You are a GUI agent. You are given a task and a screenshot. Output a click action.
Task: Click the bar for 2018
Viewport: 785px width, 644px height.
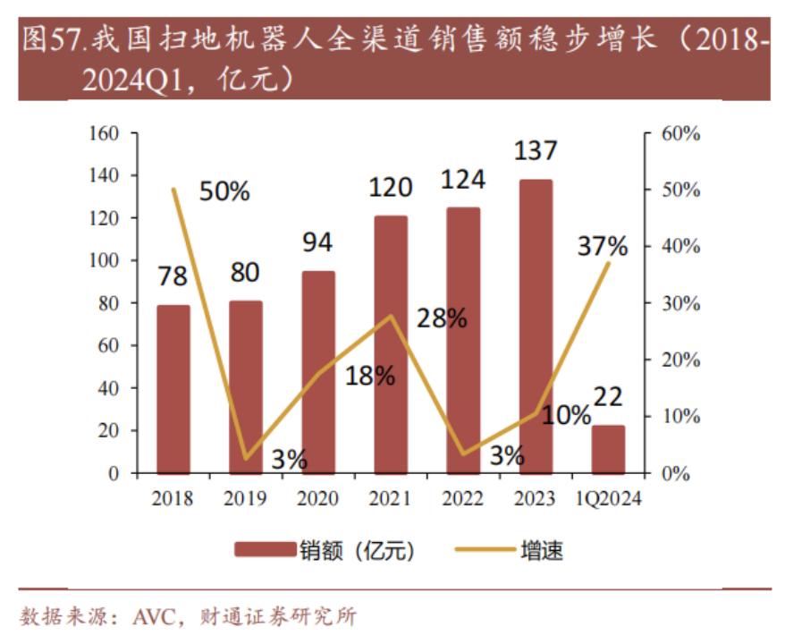[x=173, y=389]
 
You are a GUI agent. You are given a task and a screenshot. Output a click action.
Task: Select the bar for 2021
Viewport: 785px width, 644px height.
[x=391, y=344]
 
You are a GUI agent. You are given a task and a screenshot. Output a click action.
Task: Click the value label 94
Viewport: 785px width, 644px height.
[x=317, y=242]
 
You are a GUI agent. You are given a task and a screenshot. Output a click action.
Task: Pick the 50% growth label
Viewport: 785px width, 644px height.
[x=224, y=191]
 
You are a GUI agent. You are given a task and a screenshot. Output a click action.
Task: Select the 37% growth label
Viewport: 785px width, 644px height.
[x=603, y=246]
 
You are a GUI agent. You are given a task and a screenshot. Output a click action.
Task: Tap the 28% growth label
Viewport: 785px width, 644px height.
[x=442, y=318]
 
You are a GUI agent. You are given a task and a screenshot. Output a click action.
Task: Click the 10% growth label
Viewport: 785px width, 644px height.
[x=566, y=415]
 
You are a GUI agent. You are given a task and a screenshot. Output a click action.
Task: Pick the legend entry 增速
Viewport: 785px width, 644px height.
[x=541, y=550]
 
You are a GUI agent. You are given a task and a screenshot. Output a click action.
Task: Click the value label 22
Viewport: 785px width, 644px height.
[x=608, y=396]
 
